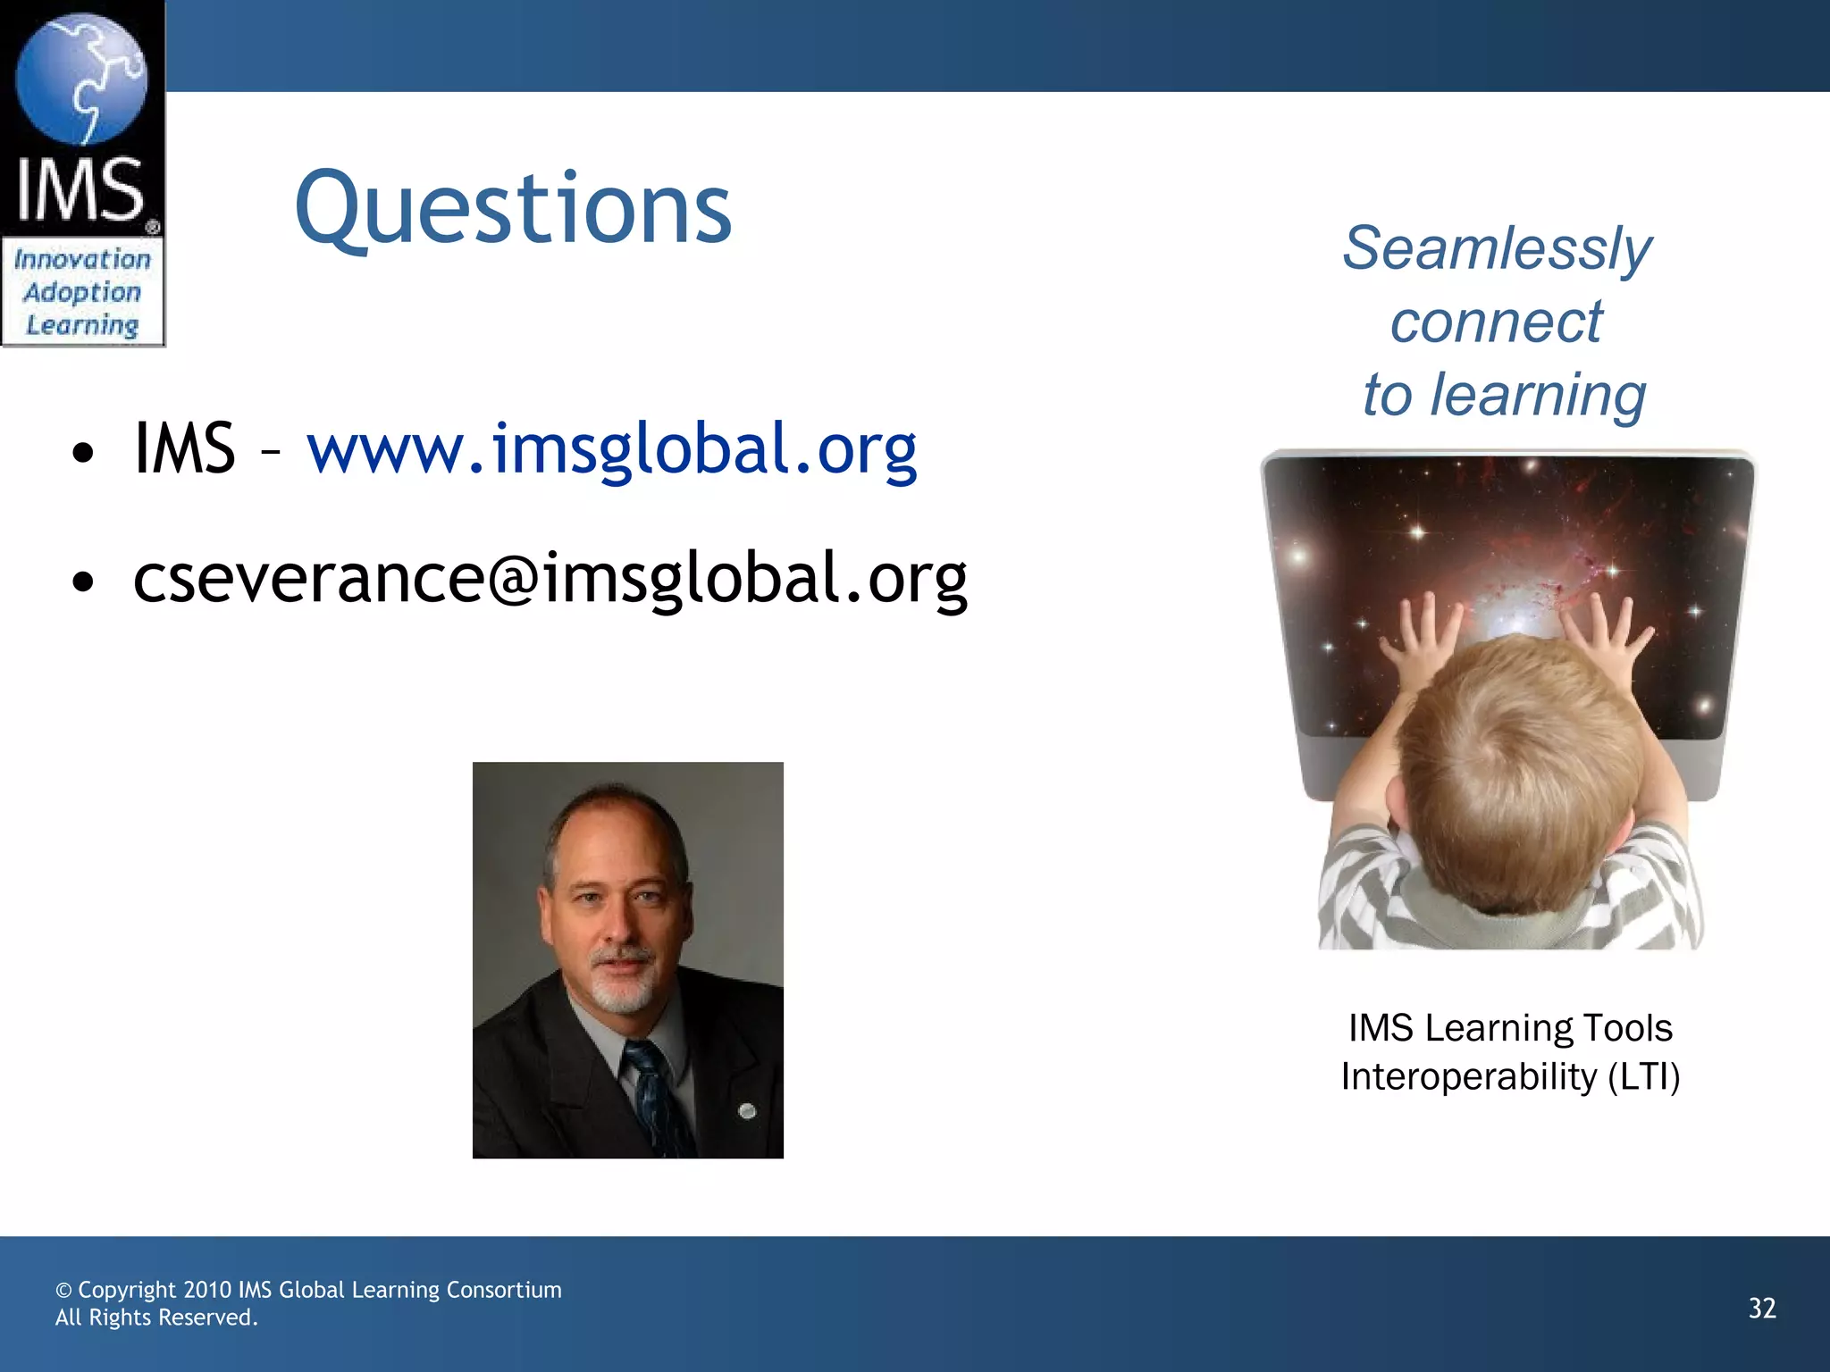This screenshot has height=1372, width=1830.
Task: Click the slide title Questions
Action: pos(513,209)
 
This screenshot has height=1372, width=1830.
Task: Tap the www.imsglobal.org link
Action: pos(612,448)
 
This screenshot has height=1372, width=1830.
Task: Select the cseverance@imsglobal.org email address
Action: pos(550,579)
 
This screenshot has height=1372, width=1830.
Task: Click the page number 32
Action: pos(1761,1308)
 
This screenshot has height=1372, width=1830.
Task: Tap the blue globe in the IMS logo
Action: pos(81,79)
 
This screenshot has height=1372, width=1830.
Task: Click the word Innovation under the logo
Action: pos(82,260)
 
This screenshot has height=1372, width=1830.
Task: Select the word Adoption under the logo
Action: pos(82,292)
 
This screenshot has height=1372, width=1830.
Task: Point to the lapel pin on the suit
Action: pos(748,1111)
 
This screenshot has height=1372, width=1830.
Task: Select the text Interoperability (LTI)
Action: pos(1510,1076)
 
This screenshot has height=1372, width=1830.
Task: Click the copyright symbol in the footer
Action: pos(63,1291)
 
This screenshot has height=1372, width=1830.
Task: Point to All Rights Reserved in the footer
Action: pos(156,1318)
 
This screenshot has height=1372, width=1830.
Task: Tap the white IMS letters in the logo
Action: pos(80,189)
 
